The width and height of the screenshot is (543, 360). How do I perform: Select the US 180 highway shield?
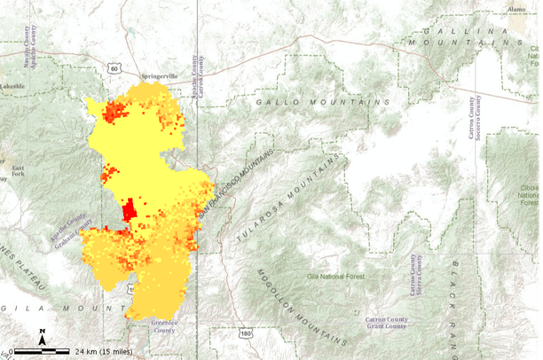tap(245, 333)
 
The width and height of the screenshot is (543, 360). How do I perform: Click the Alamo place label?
tap(516, 9)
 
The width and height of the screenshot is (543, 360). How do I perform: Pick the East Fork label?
tap(18, 171)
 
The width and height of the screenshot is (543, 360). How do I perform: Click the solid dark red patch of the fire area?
tap(129, 211)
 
